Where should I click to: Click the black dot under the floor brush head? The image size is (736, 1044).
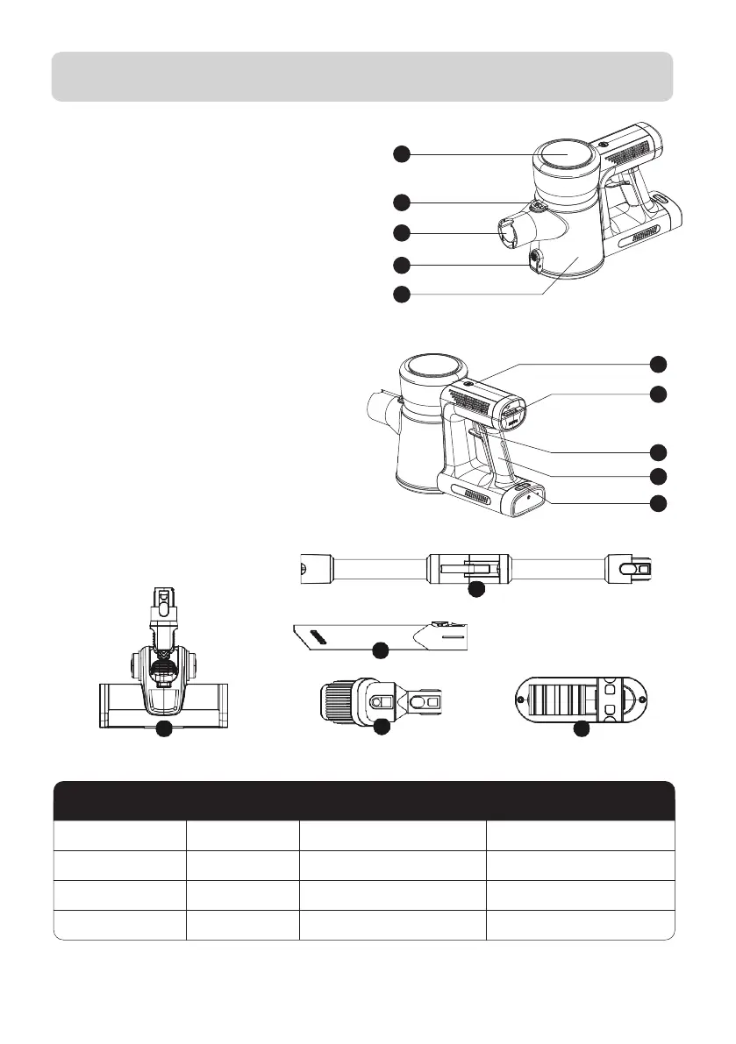tap(163, 729)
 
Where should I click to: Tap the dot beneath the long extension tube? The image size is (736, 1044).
tap(475, 590)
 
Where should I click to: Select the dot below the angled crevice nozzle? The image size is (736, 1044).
tap(380, 650)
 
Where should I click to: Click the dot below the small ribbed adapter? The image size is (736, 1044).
tap(381, 728)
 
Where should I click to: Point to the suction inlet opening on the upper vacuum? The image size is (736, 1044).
tap(507, 235)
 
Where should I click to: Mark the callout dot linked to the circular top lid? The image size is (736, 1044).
tap(401, 154)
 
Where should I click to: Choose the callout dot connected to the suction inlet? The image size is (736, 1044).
tap(401, 234)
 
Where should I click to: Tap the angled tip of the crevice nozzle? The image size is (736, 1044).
tap(301, 634)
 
